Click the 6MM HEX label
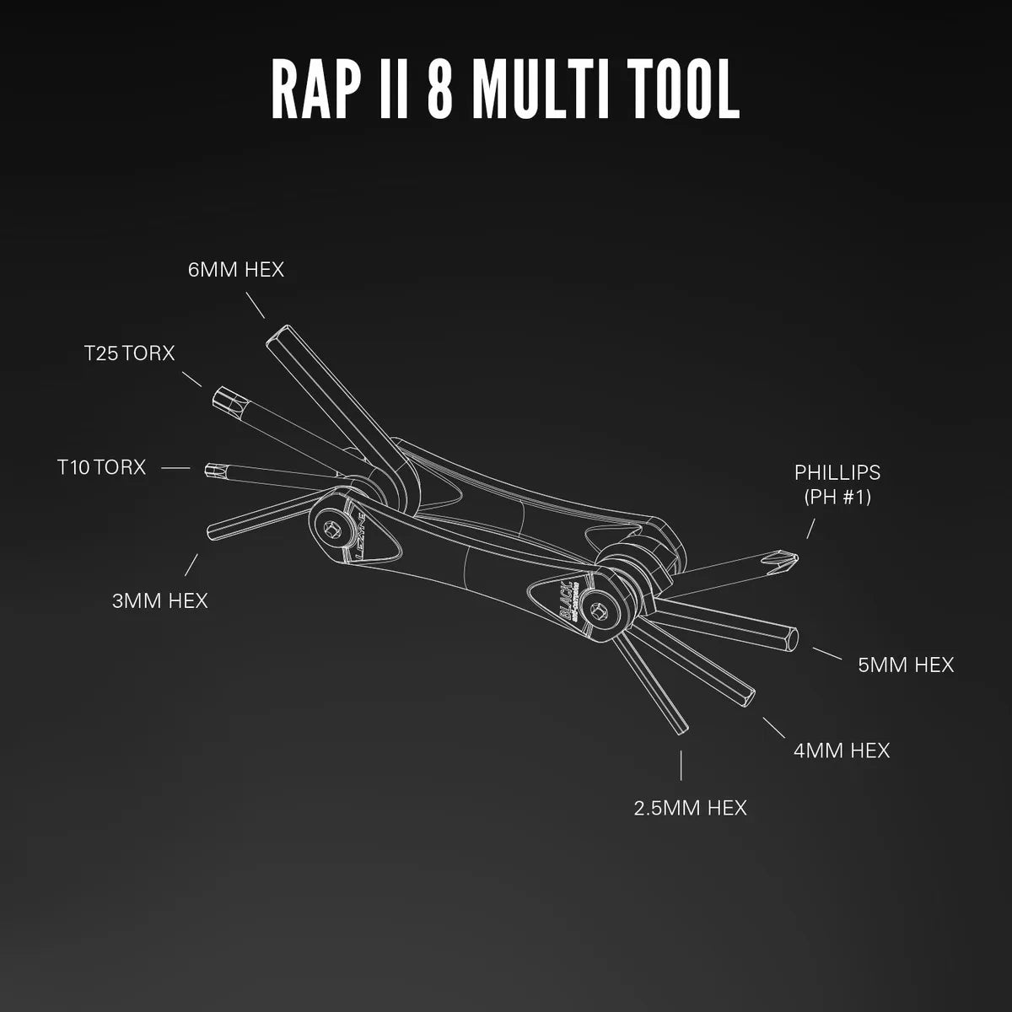(235, 270)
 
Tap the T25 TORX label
(129, 353)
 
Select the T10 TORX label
(101, 466)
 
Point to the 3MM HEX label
(159, 600)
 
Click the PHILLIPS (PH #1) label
(837, 484)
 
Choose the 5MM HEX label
(906, 665)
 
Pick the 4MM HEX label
(841, 750)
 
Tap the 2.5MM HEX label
(690, 808)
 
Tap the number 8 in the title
(439, 89)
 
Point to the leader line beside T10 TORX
(175, 466)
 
